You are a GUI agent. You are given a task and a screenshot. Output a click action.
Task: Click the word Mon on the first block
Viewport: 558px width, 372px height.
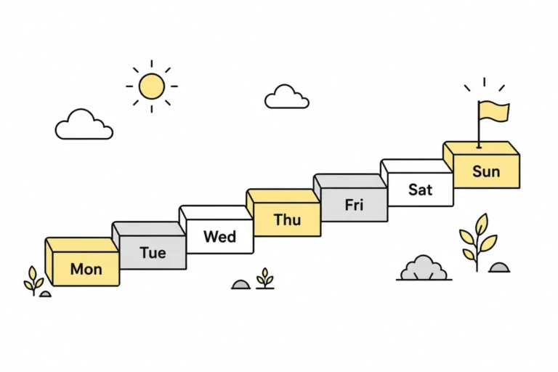tap(86, 269)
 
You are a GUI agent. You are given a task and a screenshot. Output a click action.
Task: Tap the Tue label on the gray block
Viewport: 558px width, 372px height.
tap(153, 253)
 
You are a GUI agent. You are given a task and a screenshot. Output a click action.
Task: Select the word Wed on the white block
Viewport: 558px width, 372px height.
tap(219, 237)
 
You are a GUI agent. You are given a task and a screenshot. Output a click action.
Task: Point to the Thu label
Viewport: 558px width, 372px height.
tap(288, 219)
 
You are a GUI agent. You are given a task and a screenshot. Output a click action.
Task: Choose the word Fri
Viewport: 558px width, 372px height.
tap(354, 205)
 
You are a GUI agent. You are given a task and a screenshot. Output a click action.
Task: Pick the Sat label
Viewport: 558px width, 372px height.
tap(420, 190)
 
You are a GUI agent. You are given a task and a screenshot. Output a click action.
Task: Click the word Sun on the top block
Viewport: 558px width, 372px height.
tap(486, 171)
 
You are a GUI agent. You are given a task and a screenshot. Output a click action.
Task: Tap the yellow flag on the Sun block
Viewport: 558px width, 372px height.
tap(494, 111)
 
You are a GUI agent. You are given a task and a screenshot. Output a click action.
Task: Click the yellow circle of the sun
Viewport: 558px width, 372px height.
tap(152, 86)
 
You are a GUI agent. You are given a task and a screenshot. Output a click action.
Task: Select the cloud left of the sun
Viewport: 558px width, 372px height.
tap(84, 124)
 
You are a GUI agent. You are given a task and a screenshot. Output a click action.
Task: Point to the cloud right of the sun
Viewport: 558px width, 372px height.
tap(287, 97)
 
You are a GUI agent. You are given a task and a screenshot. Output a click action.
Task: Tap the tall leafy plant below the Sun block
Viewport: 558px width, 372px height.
tap(477, 243)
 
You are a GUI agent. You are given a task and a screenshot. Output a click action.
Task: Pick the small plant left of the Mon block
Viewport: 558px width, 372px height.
tap(33, 280)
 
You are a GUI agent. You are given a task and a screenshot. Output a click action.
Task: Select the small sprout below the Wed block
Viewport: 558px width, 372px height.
tap(265, 278)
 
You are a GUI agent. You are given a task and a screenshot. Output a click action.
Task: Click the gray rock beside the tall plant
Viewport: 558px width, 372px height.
tap(499, 267)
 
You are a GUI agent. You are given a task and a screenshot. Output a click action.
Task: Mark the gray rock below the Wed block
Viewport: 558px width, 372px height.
tap(241, 284)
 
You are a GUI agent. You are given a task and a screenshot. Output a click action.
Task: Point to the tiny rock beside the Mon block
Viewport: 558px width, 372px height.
tap(46, 294)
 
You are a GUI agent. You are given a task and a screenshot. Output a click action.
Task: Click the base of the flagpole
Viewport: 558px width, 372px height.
tap(479, 145)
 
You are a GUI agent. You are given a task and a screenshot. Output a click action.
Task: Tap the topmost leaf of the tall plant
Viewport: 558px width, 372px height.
tap(482, 223)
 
